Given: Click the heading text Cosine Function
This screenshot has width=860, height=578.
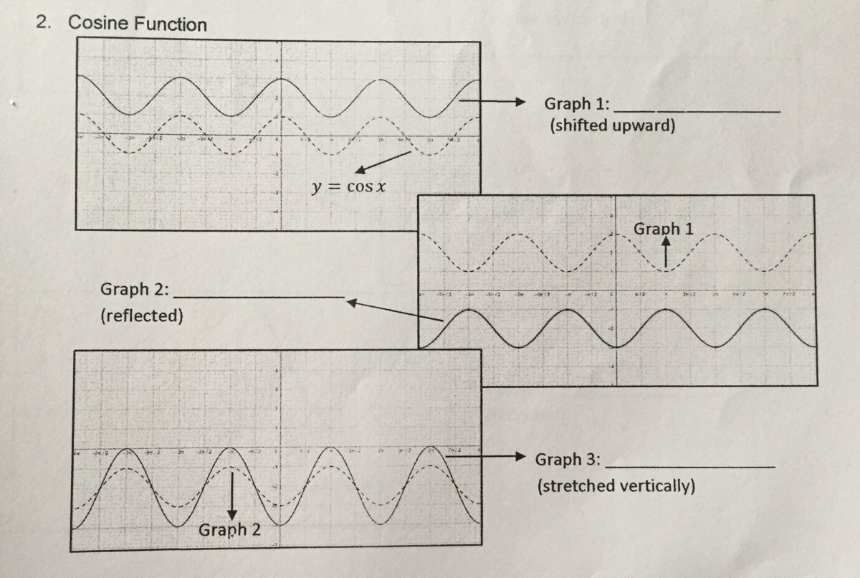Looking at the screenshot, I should coord(137,24).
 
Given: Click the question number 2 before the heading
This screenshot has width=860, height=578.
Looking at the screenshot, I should coord(44,22).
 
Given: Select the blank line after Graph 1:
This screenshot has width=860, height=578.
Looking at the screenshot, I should coord(697,112).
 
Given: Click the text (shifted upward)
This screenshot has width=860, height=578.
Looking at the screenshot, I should coord(613,125).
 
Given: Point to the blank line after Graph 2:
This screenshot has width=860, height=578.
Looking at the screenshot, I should coord(260,296).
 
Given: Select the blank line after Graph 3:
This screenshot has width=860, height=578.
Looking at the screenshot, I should coord(690,467).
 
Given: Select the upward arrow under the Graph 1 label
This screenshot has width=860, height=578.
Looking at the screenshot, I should coord(666,252).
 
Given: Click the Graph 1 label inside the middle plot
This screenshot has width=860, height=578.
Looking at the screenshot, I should coord(663,229).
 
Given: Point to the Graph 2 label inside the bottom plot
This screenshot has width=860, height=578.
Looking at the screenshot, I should coord(229,530).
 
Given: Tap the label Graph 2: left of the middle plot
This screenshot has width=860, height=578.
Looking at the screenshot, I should coord(135,290).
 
